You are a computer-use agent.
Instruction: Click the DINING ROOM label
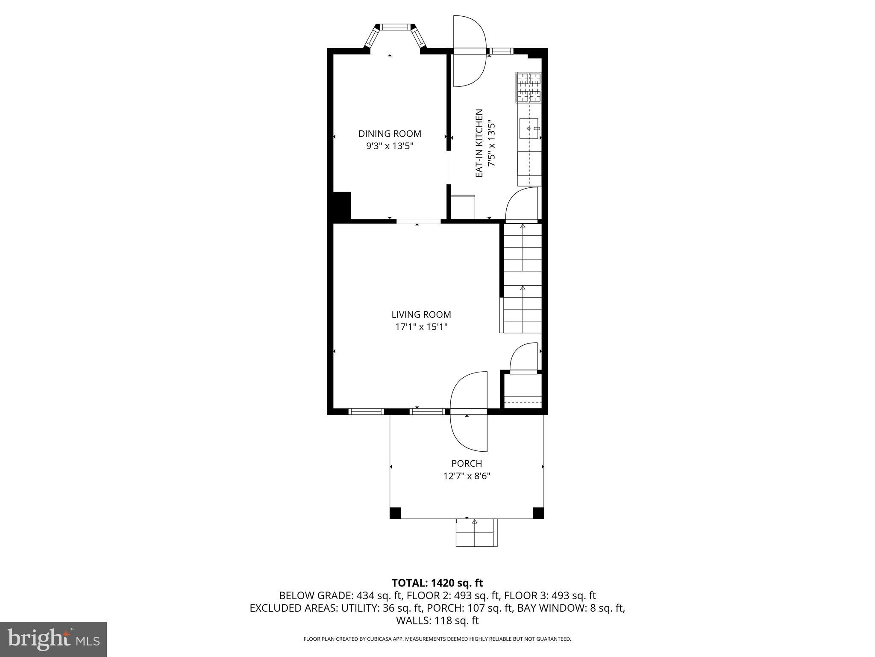[390, 133]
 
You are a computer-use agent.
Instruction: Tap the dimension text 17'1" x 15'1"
[421, 327]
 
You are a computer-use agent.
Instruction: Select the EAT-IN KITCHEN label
[479, 143]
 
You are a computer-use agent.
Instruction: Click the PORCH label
[467, 463]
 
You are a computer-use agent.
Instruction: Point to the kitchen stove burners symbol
[529, 88]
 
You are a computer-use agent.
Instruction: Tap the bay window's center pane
[395, 27]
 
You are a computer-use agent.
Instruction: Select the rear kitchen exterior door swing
[470, 51]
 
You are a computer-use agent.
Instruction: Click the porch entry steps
[476, 533]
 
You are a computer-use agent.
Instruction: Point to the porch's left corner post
[395, 512]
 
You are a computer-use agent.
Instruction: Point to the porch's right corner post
[538, 512]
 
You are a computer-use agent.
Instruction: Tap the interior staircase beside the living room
[523, 278]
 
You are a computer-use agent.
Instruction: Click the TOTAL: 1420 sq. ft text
[437, 583]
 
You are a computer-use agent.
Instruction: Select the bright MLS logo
[53, 639]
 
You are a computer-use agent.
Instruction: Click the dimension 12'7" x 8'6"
[467, 476]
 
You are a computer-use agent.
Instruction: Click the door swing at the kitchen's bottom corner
[522, 204]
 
